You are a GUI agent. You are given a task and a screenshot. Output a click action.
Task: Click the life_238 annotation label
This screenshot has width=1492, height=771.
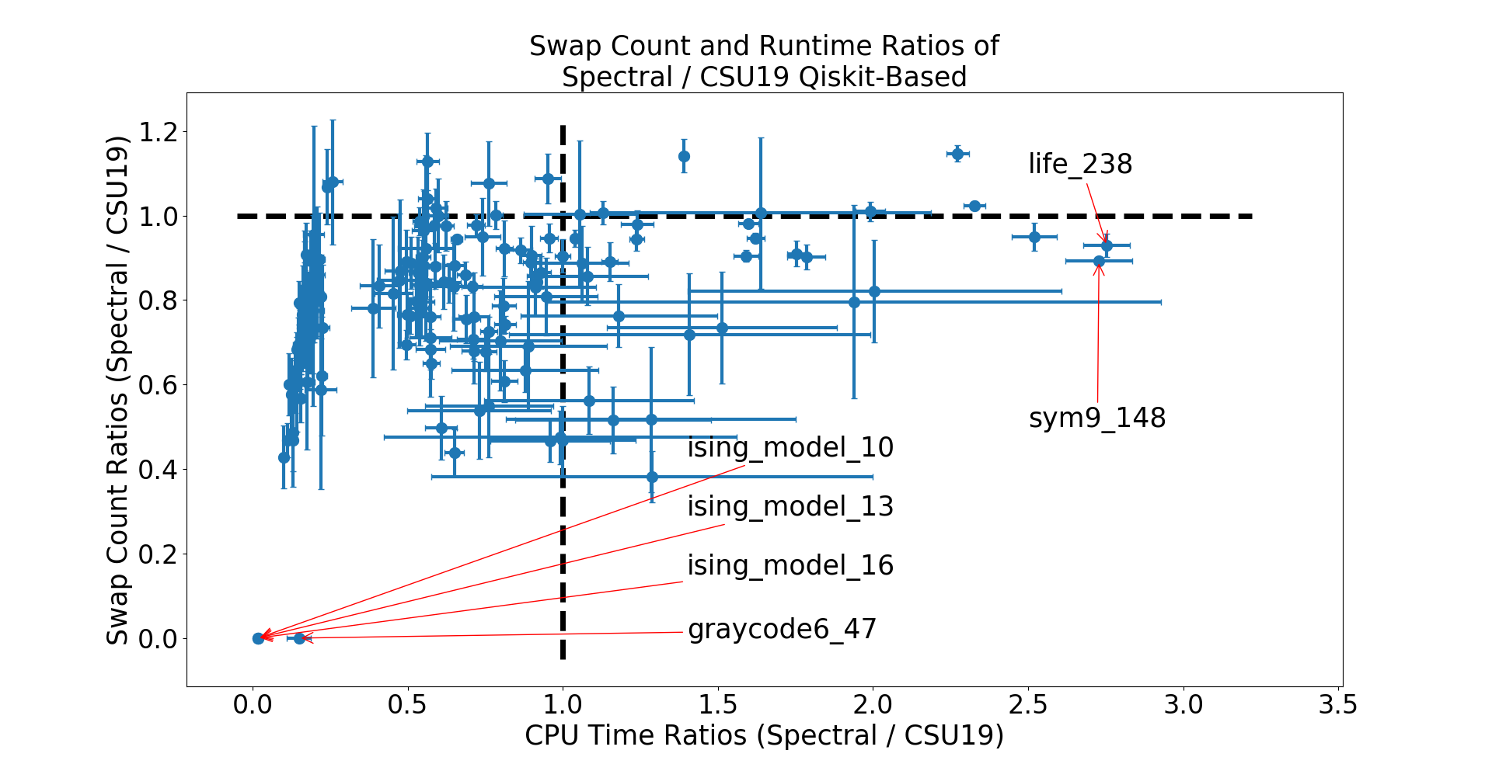pyautogui.click(x=1080, y=165)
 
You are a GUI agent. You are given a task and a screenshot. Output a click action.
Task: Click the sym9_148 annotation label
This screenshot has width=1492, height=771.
pyautogui.click(x=1097, y=418)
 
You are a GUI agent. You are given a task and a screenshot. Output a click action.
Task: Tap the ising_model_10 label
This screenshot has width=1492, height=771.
pyautogui.click(x=790, y=448)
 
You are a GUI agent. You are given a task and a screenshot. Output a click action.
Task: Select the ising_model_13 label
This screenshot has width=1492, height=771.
pyautogui.click(x=790, y=507)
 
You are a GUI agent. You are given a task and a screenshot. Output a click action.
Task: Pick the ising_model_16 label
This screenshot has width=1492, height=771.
pyautogui.click(x=790, y=566)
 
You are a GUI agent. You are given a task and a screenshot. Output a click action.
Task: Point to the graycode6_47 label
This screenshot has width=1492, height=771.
pyautogui.click(x=782, y=629)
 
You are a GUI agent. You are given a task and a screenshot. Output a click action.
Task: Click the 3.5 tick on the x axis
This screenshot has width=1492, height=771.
pyautogui.click(x=1338, y=705)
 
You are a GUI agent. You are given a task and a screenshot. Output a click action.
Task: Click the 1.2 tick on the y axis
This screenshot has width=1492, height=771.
pyautogui.click(x=158, y=132)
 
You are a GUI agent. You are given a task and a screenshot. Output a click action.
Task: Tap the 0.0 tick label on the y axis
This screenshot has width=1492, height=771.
pyautogui.click(x=158, y=639)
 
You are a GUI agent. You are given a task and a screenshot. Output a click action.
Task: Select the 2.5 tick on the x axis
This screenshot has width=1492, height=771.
pyautogui.click(x=1028, y=705)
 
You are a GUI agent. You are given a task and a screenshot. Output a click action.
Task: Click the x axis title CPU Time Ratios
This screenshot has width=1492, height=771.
pyautogui.click(x=764, y=735)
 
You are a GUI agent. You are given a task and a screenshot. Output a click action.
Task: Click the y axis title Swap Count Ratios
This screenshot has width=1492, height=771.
pyautogui.click(x=118, y=390)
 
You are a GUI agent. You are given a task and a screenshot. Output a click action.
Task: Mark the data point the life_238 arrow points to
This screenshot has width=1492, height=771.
pyautogui.click(x=1107, y=245)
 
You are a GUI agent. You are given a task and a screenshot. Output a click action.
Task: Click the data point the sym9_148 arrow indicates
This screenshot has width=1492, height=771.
pyautogui.click(x=1099, y=262)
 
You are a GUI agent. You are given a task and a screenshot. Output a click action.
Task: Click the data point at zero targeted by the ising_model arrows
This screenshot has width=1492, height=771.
pyautogui.click(x=258, y=638)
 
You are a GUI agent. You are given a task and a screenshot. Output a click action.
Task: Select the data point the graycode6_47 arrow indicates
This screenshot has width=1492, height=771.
pyautogui.click(x=299, y=638)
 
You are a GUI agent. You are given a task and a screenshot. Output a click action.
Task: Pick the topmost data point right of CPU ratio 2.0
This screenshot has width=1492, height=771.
pyautogui.click(x=957, y=154)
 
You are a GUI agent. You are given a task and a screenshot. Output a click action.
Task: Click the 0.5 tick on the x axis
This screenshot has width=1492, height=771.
pyautogui.click(x=407, y=705)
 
